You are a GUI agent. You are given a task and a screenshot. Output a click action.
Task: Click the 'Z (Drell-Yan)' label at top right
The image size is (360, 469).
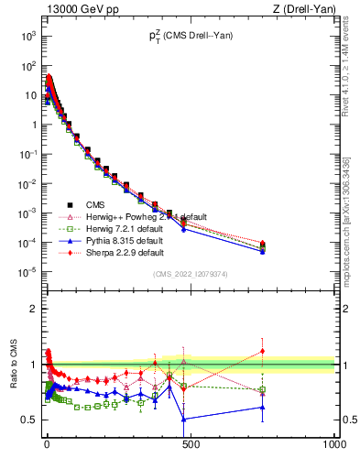(304, 9)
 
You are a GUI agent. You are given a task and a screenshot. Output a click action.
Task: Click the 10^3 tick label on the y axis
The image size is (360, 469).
(27, 37)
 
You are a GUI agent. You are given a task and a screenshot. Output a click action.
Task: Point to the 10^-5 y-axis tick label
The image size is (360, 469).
(27, 271)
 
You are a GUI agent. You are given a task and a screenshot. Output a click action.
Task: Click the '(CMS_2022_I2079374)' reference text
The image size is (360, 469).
(191, 274)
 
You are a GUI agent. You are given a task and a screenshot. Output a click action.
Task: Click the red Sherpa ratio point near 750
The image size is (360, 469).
(263, 351)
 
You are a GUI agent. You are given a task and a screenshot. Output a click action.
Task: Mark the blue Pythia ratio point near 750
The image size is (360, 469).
(263, 407)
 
